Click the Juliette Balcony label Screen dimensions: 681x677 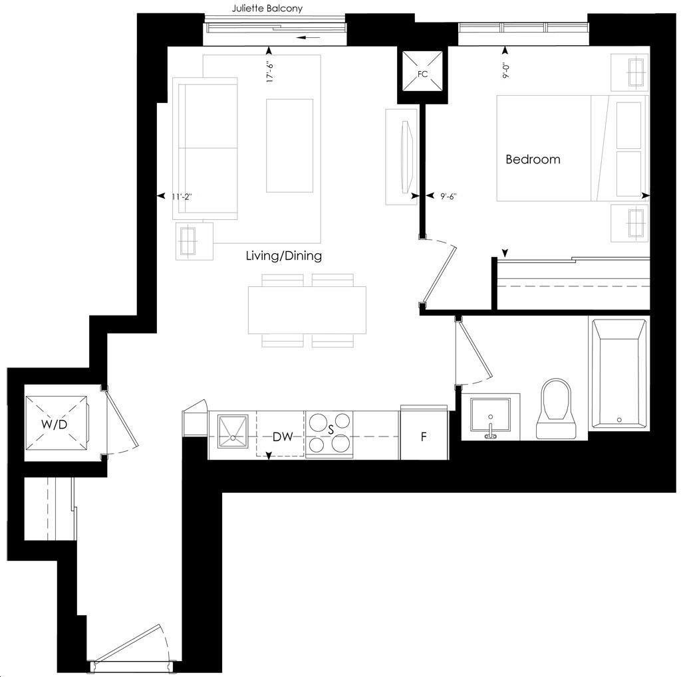[x=267, y=8]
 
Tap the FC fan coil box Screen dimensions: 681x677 [x=422, y=72]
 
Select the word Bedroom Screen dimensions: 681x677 [x=533, y=159]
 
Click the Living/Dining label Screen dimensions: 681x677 [x=284, y=256]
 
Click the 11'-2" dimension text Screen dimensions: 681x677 [x=182, y=197]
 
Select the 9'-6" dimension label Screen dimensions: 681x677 [x=448, y=196]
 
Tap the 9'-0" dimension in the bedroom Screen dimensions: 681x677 [x=505, y=71]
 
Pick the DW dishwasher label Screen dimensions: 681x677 [x=283, y=436]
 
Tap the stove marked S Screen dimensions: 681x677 [x=330, y=434]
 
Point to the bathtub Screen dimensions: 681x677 [x=619, y=373]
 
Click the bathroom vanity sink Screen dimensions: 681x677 [x=491, y=417]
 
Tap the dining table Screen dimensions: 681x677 [x=307, y=310]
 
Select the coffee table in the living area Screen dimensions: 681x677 [x=290, y=145]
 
